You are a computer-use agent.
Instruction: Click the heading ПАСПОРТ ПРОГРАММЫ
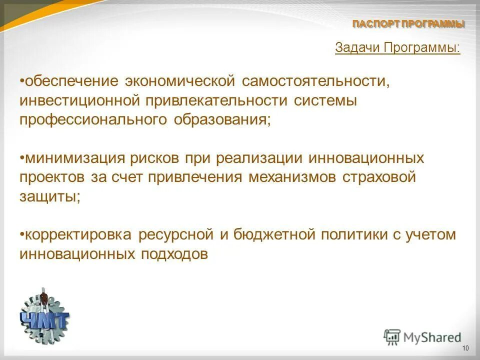[408, 23]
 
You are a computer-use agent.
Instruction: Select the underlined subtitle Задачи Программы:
[397, 48]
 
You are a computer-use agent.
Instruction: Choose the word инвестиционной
[78, 100]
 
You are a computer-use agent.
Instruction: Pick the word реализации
[259, 158]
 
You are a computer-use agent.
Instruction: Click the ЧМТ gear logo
[44, 315]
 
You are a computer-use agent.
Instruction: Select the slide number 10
[465, 348]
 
